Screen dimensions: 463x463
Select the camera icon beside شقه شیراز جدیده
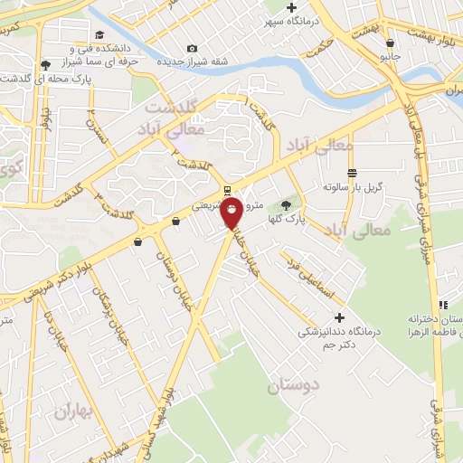click(192, 48)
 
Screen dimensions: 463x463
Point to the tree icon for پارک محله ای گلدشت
click(46, 64)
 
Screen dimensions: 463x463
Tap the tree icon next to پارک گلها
click(288, 205)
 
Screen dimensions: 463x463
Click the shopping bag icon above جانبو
click(390, 43)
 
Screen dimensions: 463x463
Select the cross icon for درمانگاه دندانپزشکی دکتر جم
click(339, 317)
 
